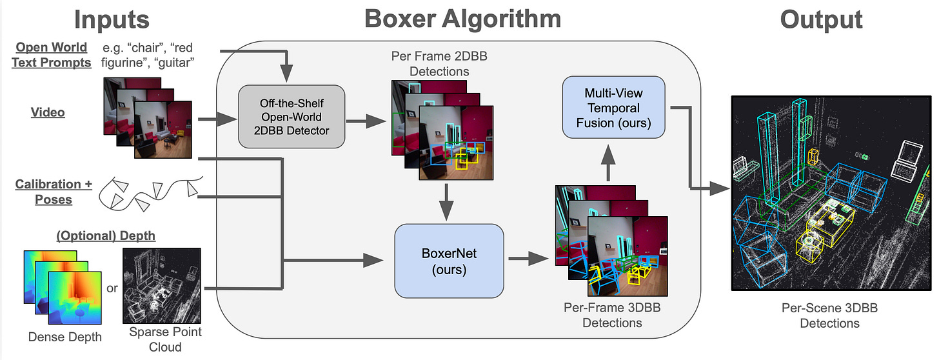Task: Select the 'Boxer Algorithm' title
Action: (x=462, y=19)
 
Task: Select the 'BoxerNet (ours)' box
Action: (x=448, y=260)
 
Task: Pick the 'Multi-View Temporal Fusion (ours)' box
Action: (x=613, y=106)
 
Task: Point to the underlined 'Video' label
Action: (x=48, y=112)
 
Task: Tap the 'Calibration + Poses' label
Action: (x=54, y=192)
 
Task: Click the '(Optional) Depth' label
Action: (x=106, y=235)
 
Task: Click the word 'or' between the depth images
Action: (x=112, y=288)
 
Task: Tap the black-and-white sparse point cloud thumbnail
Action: (x=162, y=285)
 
